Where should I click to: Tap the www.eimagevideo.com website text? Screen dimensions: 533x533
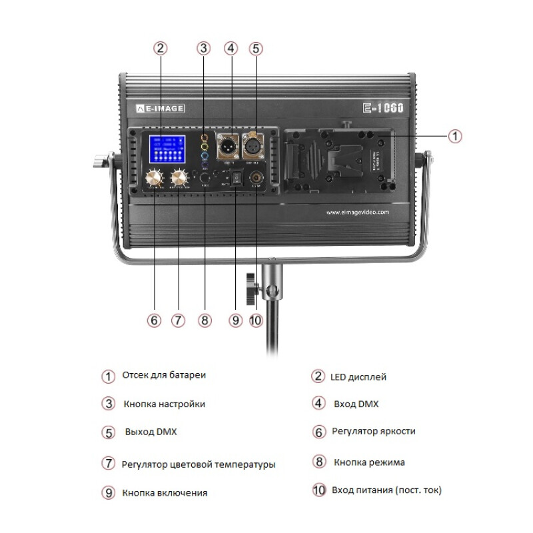pyautogui.click(x=357, y=213)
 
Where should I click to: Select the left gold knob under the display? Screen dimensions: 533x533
pyautogui.click(x=155, y=178)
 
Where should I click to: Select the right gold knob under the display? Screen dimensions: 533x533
pyautogui.click(x=179, y=178)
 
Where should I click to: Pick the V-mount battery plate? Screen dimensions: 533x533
pyautogui.click(x=340, y=160)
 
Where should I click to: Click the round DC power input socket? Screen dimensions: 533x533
pyautogui.click(x=255, y=179)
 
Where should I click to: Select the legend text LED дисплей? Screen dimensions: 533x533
pyautogui.click(x=358, y=377)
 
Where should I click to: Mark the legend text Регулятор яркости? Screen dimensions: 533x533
pyautogui.click(x=373, y=431)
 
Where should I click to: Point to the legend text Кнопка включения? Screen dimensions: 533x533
pyautogui.click(x=165, y=493)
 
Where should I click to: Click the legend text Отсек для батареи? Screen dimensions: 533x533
pyautogui.click(x=164, y=375)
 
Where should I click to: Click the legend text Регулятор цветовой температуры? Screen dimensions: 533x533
pyautogui.click(x=199, y=464)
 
